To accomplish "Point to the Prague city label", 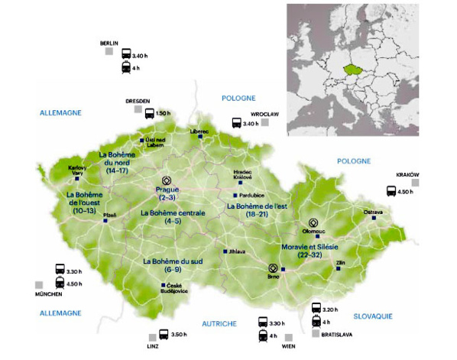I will (x=167, y=189).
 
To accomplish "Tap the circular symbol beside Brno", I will (x=271, y=268).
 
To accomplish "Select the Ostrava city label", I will (x=374, y=210).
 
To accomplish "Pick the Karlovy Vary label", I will (x=77, y=170).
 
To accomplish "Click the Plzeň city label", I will (x=109, y=216).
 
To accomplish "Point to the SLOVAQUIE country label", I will (x=373, y=315).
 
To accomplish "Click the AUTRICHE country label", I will (x=219, y=324).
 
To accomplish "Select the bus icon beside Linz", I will (x=163, y=333).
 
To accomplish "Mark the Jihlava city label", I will (x=235, y=251).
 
